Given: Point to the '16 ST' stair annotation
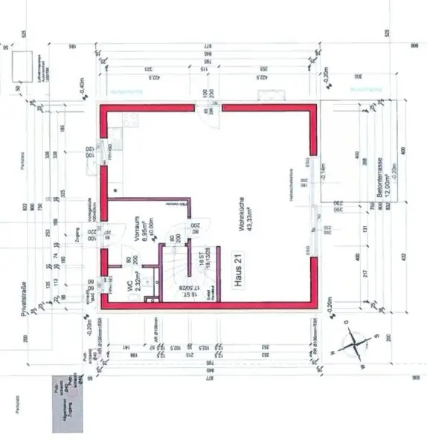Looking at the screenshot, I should click(x=201, y=259).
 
